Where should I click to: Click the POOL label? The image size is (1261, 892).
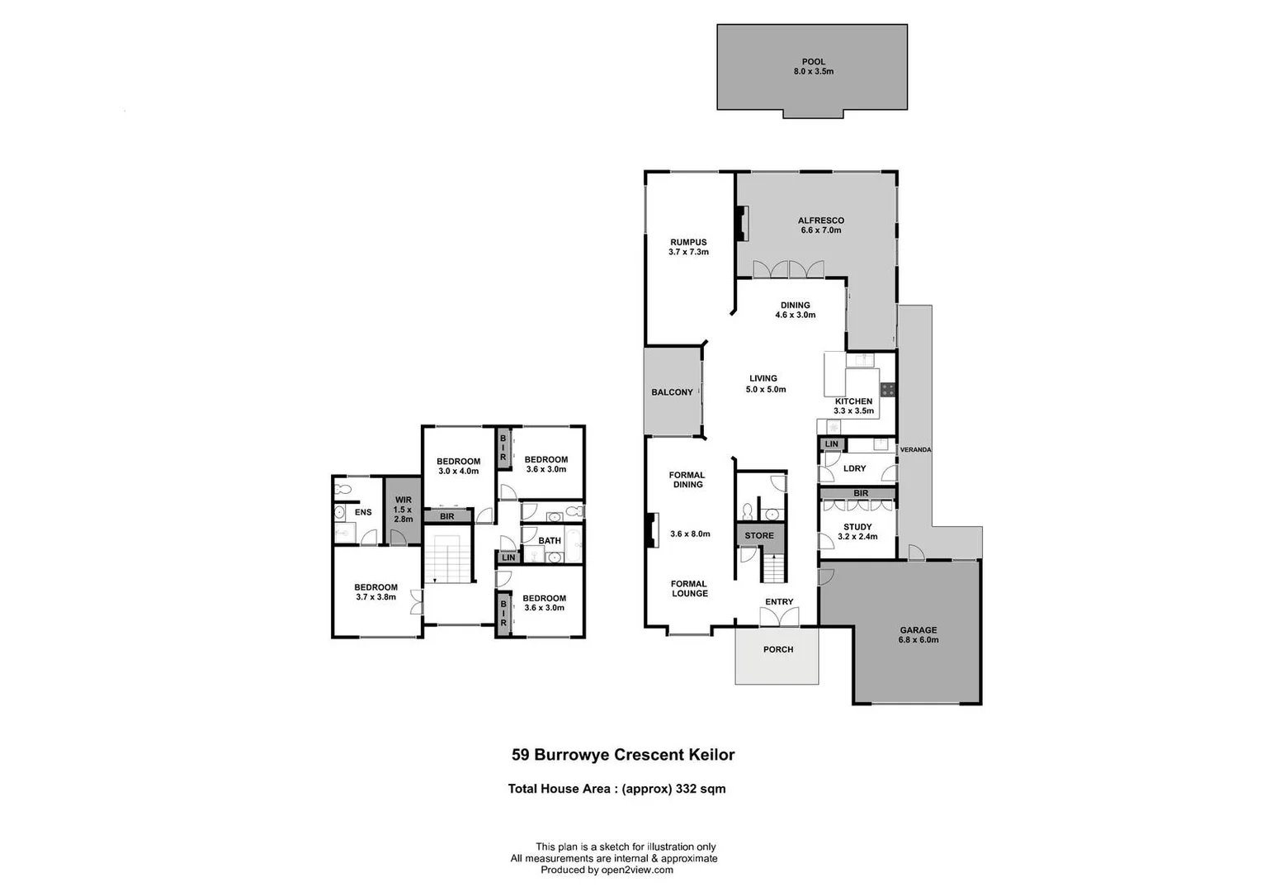(813, 66)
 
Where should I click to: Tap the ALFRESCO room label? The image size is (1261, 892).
(820, 225)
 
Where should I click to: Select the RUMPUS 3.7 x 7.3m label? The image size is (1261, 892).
(688, 247)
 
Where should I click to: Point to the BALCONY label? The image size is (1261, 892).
(672, 392)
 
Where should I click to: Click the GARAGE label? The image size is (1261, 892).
(918, 634)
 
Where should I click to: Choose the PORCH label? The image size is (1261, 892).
(777, 650)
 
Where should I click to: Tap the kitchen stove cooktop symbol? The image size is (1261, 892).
(888, 389)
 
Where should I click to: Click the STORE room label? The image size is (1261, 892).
(759, 536)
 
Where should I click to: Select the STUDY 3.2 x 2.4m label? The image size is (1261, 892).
(857, 532)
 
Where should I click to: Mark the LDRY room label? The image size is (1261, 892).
(855, 468)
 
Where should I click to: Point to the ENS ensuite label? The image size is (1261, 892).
(363, 512)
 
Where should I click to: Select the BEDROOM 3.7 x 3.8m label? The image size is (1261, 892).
(375, 592)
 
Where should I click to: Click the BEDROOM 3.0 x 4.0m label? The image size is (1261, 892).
(458, 466)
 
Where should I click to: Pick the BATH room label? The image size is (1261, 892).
(550, 541)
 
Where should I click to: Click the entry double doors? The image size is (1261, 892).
(779, 616)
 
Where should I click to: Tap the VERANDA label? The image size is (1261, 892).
(915, 450)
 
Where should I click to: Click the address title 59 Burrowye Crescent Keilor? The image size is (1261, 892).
(623, 754)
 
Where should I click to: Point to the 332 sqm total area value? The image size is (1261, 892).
(701, 789)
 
